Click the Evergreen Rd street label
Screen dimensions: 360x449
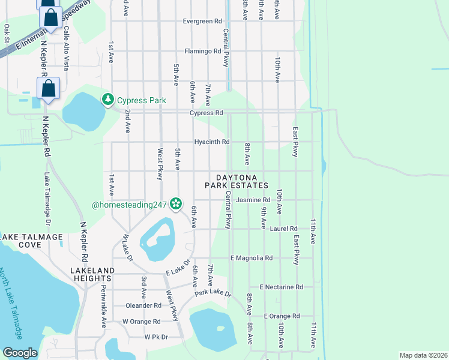202,22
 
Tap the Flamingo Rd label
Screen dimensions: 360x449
202,52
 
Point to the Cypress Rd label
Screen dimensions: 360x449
206,113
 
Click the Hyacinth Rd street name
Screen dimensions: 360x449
211,142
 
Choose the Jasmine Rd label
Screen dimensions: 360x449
252,200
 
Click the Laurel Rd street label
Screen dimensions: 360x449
284,229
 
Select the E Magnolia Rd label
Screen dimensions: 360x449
252,258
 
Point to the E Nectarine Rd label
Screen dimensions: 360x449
281,287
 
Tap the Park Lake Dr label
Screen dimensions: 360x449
212,293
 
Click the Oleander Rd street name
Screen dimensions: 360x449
143,305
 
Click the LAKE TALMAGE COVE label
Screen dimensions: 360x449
32,241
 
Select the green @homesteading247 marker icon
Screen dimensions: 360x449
176,205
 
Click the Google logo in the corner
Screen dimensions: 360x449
20,353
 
